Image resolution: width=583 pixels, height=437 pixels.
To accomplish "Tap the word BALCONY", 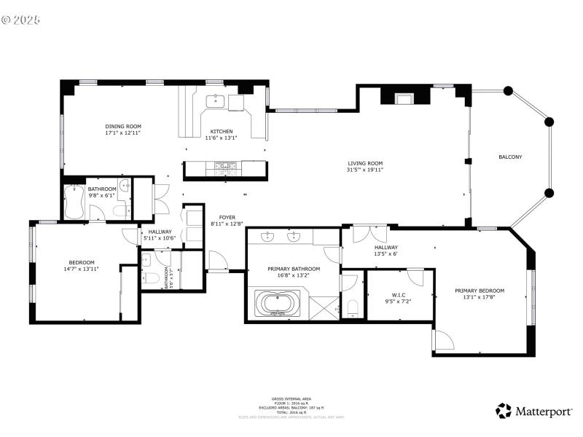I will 510,157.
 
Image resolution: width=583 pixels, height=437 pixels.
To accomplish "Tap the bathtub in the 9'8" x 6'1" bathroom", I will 75,202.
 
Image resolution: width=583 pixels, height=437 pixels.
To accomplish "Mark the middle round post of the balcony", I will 549,122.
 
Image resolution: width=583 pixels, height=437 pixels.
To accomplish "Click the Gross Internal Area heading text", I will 291,398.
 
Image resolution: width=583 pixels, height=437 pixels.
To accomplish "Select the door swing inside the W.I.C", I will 416,277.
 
